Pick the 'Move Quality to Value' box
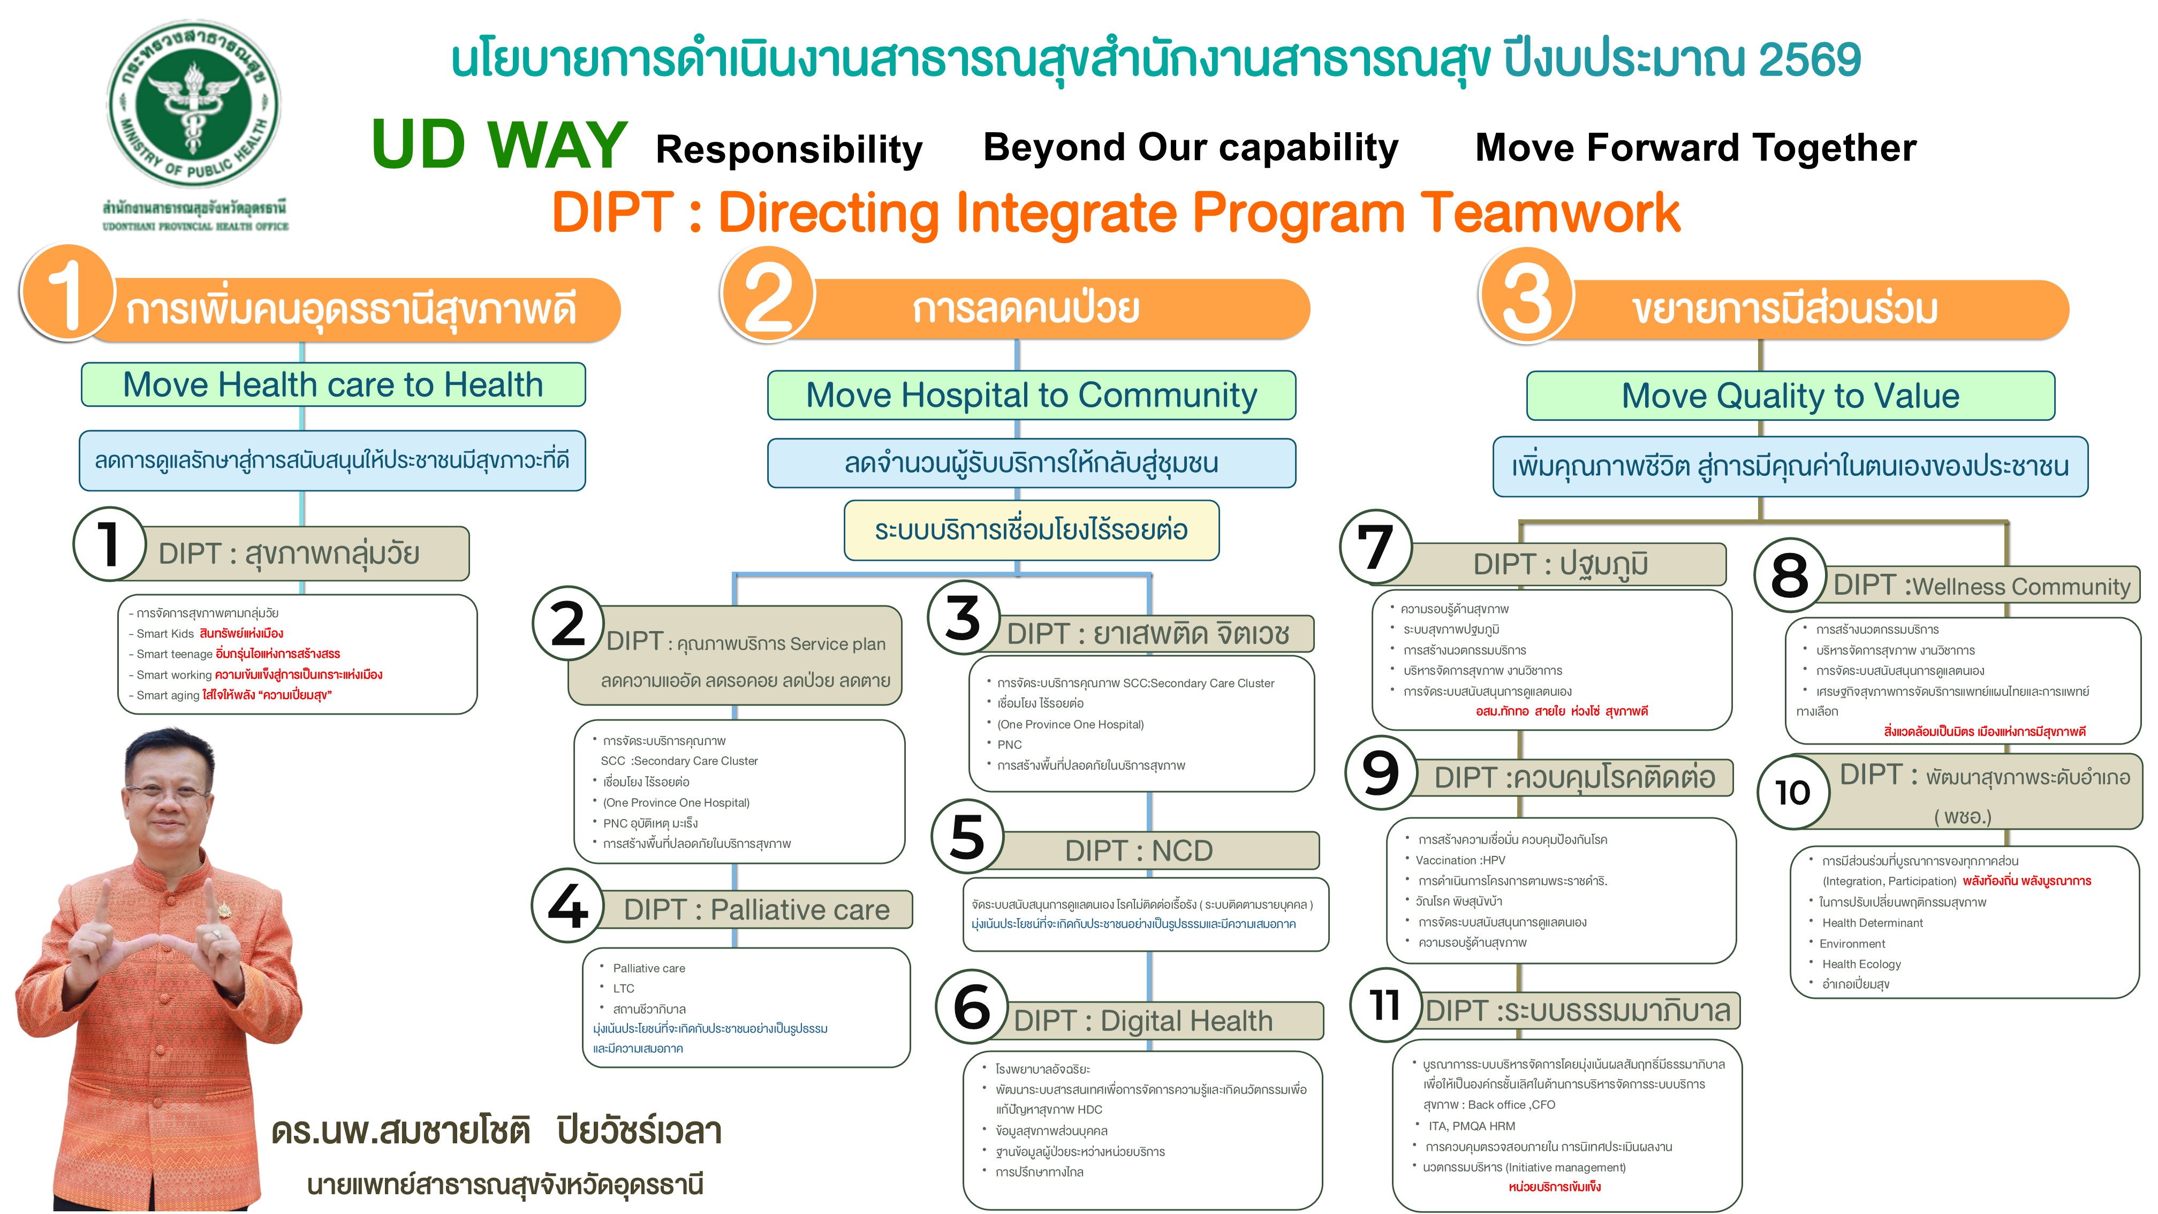click(1790, 396)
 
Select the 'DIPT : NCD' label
click(1139, 851)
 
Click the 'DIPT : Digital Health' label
click(1142, 1020)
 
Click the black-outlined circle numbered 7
click(1375, 547)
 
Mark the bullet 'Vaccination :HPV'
click(1460, 860)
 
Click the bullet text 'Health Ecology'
click(1861, 963)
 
